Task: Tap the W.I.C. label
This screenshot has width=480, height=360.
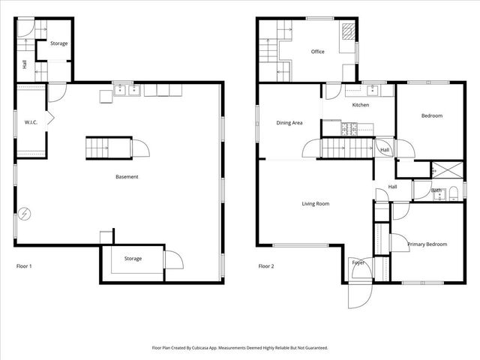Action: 31,121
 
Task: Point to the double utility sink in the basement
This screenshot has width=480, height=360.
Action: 127,91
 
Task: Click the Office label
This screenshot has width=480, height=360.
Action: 317,52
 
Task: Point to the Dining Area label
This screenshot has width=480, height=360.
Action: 289,122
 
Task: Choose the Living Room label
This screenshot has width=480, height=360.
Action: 316,203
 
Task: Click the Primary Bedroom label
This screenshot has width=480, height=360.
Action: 427,244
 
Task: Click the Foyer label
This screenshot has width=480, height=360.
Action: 358,262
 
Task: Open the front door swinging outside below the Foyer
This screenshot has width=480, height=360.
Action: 358,296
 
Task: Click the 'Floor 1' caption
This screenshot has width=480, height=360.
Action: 24,266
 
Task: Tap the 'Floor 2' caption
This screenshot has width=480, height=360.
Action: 266,266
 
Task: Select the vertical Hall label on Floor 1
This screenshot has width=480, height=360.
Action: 25,65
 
